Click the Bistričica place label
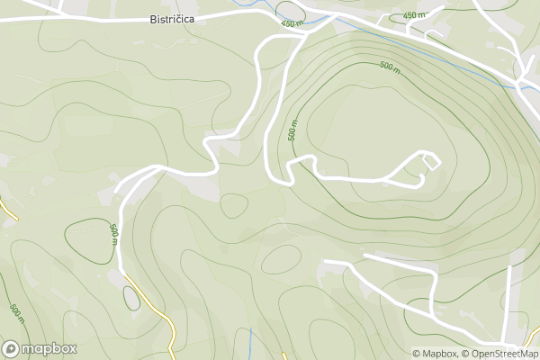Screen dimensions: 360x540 174,18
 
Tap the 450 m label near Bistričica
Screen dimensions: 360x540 291,24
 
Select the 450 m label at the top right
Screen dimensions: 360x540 414,15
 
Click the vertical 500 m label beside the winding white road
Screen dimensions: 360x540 292,130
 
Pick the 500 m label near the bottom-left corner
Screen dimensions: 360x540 15,313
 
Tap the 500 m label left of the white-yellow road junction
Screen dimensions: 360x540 113,231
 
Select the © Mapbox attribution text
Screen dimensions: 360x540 436,353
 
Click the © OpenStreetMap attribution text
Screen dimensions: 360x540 499,353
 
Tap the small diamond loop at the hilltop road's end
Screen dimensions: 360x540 431,161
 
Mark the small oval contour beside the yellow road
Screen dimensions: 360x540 131,296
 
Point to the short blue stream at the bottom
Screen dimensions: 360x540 248,342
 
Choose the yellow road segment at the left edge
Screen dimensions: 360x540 9,212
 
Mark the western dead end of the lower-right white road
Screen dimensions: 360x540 326,262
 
